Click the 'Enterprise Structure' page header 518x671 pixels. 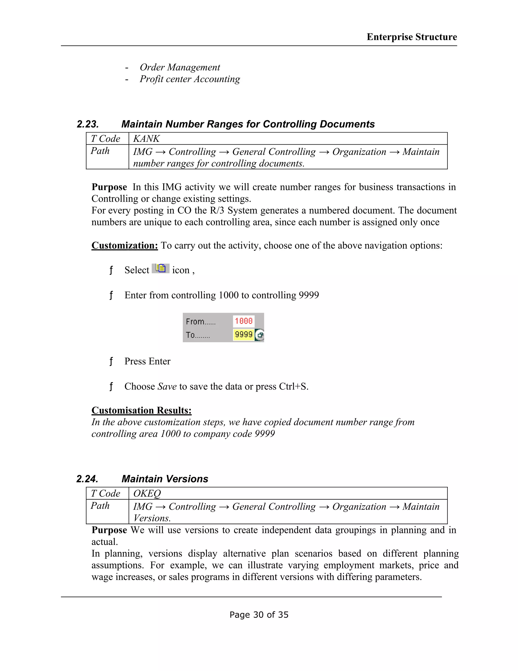click(412, 37)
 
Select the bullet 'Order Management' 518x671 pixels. click(180, 67)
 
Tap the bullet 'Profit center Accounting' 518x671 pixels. click(190, 79)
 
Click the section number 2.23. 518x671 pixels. click(88, 124)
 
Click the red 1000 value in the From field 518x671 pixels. click(244, 321)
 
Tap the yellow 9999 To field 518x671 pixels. click(244, 334)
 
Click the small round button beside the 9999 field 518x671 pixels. click(260, 335)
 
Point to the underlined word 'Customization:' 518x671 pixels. click(125, 245)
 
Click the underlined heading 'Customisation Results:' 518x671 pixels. click(141, 410)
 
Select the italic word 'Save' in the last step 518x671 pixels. click(167, 386)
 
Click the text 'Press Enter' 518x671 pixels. click(147, 361)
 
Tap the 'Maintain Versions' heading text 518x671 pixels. click(165, 479)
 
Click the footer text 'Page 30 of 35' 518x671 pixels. click(259, 615)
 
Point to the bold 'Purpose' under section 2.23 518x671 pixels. click(109, 187)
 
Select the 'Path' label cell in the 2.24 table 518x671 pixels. click(100, 506)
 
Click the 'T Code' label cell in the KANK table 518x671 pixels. click(105, 139)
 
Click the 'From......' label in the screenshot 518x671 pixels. click(201, 322)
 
